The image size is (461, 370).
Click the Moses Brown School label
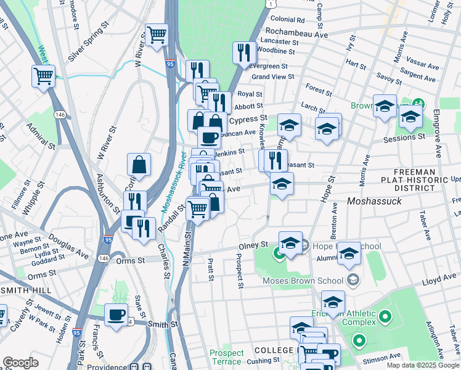(303, 281)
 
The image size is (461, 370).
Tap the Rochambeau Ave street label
(296, 35)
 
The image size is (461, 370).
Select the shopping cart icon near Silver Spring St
(157, 35)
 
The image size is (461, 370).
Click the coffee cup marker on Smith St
(115, 315)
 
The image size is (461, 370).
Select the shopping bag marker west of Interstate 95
(139, 165)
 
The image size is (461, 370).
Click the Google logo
(20, 363)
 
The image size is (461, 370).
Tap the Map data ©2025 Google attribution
(422, 365)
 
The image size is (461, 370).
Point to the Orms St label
(129, 261)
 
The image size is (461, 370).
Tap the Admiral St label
(41, 136)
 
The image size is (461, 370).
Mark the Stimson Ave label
(384, 356)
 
